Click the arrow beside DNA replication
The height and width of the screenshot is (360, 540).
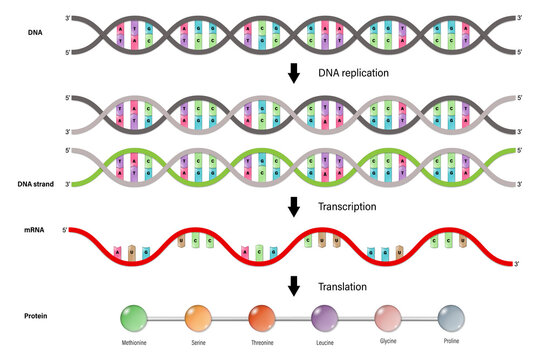293,73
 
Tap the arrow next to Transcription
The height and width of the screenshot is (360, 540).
293,207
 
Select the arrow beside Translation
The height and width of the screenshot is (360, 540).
293,286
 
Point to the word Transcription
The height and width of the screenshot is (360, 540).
348,207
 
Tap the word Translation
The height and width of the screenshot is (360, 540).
344,286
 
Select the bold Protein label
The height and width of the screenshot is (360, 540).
37,318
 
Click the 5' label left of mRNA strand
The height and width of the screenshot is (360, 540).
65,231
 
